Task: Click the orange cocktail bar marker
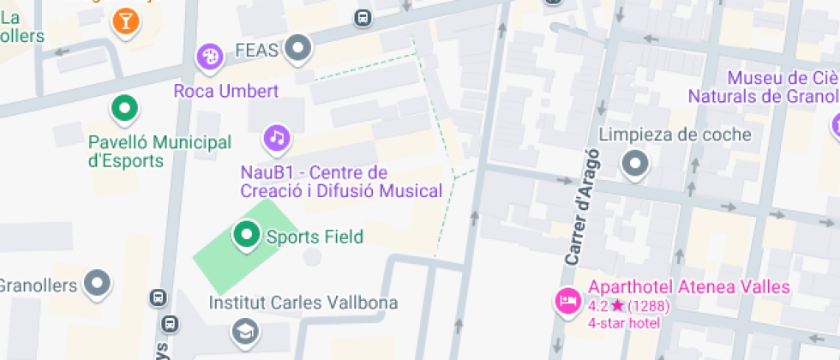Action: click(126, 21)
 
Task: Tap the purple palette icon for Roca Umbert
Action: click(210, 57)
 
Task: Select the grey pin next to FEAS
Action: click(298, 49)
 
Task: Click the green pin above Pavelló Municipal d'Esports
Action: click(125, 109)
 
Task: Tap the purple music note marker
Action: click(276, 137)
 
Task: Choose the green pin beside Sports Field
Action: click(247, 234)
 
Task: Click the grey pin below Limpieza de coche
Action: click(635, 163)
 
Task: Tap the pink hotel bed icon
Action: click(567, 301)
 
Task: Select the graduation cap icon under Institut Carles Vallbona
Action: click(245, 331)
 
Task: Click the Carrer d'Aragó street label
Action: click(582, 209)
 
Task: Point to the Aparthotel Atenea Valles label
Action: click(688, 287)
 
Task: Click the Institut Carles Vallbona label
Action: click(303, 303)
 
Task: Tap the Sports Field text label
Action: click(315, 237)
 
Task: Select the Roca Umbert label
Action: click(225, 91)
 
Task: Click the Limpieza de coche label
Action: click(675, 135)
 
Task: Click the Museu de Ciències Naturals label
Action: click(780, 87)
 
